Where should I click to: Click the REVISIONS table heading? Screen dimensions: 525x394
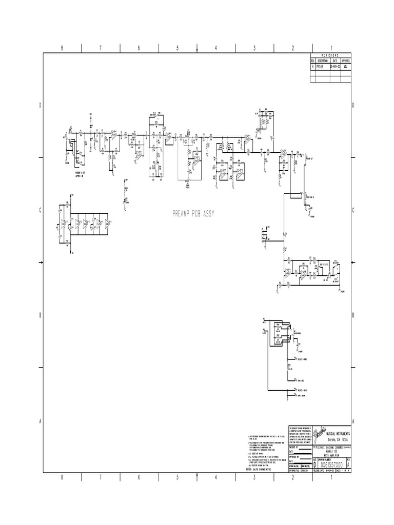331,55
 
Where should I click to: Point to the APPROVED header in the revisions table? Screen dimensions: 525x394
346,60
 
